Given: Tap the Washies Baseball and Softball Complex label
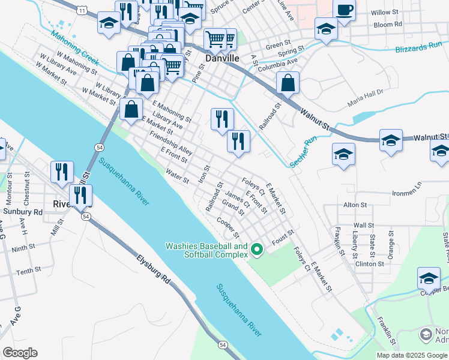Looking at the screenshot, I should tap(206, 250).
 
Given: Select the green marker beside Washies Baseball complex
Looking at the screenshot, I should tap(258, 248).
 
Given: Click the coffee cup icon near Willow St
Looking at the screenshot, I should tap(345, 11).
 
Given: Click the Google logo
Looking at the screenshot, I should tap(20, 353).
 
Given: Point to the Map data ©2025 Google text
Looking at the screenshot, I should tap(412, 355).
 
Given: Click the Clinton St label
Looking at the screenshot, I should tap(369, 263).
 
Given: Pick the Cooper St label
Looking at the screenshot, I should tap(229, 227).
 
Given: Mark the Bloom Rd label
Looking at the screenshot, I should tap(387, 25).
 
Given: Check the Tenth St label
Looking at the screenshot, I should tap(29, 272).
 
